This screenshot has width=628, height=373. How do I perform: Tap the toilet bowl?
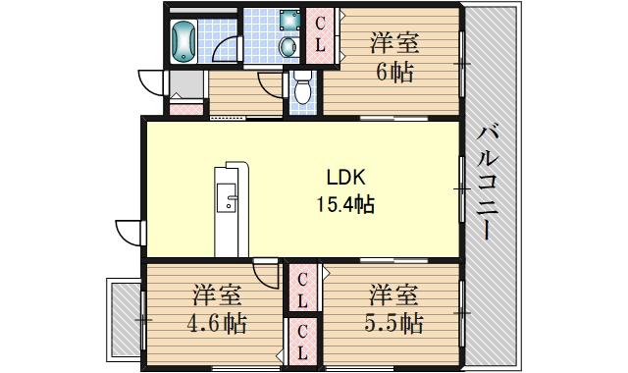[x=301, y=89]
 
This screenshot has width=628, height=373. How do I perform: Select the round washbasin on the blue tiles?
[x=288, y=45]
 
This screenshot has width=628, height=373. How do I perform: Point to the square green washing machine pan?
[x=288, y=20]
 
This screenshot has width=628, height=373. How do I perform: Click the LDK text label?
[x=346, y=178]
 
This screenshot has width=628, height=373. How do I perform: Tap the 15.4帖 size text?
[x=343, y=204]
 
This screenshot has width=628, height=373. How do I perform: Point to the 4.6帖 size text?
[x=218, y=323]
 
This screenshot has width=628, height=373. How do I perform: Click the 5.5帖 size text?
[x=394, y=323]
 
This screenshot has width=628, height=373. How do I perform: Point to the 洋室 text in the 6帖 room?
[x=394, y=43]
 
